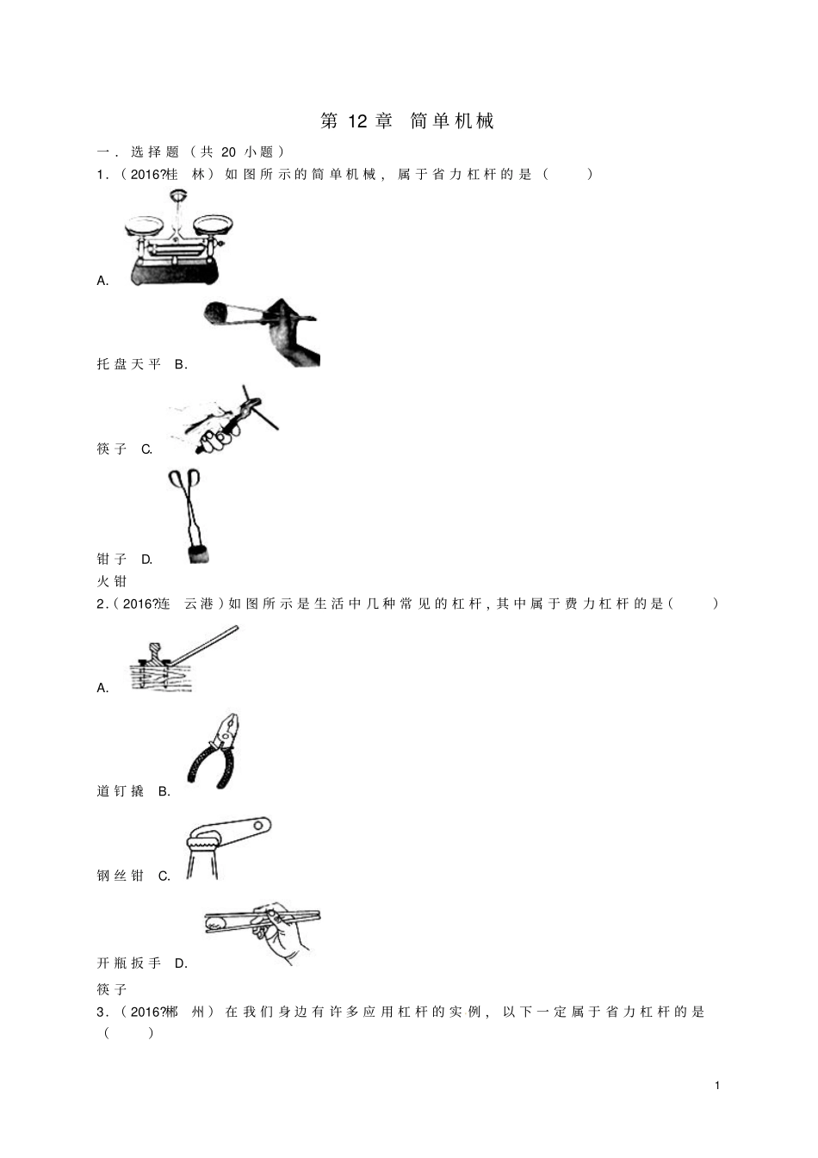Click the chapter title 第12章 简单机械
click(x=407, y=121)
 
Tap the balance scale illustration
click(x=178, y=238)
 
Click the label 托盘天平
click(x=129, y=364)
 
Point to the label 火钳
click(x=112, y=581)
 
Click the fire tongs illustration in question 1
click(x=189, y=516)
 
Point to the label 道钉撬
click(x=120, y=791)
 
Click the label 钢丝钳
click(x=120, y=876)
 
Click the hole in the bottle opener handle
click(x=258, y=827)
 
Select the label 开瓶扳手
click(x=129, y=963)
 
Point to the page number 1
click(x=717, y=1086)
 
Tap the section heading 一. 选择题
click(x=139, y=152)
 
